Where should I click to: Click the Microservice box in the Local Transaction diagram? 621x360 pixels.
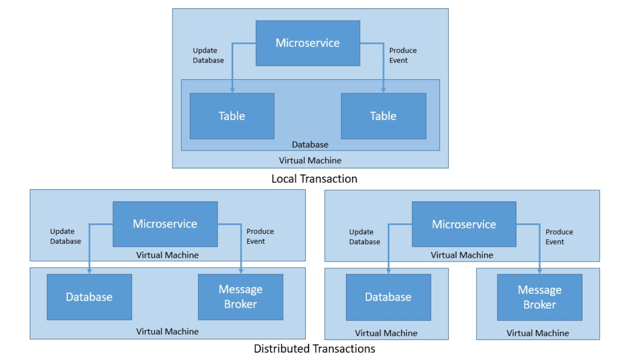308,43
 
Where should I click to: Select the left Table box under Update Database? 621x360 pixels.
232,116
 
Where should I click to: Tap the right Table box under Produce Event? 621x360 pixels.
383,116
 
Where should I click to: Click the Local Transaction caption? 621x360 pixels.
314,179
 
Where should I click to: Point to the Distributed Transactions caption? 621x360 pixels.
314,348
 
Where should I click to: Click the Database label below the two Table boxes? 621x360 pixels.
310,145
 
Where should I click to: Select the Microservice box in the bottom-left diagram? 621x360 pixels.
165,224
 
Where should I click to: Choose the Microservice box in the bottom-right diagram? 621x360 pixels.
464,224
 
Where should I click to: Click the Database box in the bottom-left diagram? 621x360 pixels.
89,297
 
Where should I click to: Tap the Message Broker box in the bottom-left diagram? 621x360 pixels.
241,297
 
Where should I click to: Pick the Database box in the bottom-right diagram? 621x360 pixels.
388,297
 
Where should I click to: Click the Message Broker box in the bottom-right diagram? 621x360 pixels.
539,297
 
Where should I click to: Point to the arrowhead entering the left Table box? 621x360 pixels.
232,90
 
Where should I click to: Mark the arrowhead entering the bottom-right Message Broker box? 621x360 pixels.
540,271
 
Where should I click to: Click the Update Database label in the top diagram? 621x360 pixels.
208,55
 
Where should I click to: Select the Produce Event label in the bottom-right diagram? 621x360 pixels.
559,237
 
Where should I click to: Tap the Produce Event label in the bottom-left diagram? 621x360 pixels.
260,236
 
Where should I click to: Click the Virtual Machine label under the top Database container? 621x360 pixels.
310,160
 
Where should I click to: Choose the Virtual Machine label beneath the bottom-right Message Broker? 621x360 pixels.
538,333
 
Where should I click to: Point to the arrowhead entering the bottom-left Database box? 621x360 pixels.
89,271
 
